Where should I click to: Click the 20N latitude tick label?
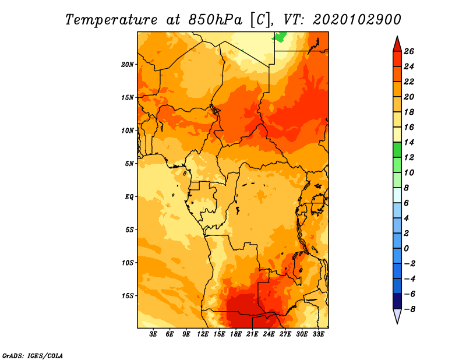(127, 65)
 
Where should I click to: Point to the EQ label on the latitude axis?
(129, 197)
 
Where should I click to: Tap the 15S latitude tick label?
(127, 296)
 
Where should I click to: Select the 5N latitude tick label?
(129, 164)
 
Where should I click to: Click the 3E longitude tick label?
(153, 334)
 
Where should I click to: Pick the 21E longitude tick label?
(252, 334)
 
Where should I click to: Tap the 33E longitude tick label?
(318, 334)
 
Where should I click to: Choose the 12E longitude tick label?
(203, 334)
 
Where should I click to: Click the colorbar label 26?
(409, 51)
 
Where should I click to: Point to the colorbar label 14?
(409, 142)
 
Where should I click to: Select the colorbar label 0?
(406, 249)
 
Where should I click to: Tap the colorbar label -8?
(409, 309)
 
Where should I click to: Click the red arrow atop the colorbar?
(397, 45)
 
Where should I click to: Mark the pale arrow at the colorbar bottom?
(397, 315)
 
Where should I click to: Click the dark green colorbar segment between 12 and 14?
(397, 150)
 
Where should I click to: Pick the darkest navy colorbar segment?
(397, 301)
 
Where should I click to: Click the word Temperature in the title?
(111, 20)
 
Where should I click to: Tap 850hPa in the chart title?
(216, 20)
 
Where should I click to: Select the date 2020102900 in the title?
(357, 20)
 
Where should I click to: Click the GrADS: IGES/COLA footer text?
(33, 355)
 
